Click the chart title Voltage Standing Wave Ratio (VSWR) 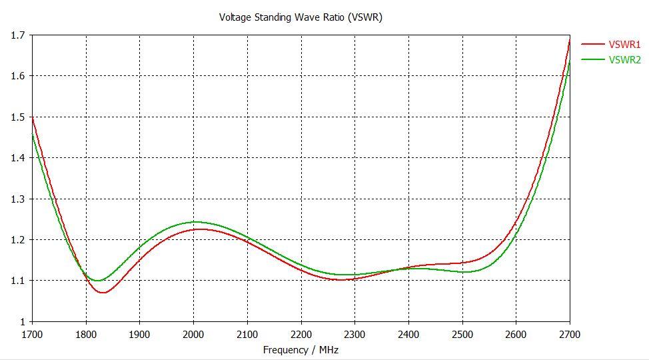pos(301,17)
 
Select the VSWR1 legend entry pos(624,45)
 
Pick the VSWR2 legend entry pos(624,60)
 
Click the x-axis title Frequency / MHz pos(301,349)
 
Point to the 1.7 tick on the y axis pos(17,35)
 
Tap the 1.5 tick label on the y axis pos(17,117)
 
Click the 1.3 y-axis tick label pos(17,199)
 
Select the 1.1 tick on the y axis pos(17,281)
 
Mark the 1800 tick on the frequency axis pos(86,333)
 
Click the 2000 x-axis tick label pos(193,333)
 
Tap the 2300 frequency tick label pos(354,333)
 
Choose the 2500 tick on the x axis pos(462,333)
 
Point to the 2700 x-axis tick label pos(570,333)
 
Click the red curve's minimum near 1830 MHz pos(103,293)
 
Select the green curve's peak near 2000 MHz pos(195,222)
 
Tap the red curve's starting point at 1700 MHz pos(33,118)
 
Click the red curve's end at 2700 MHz pos(570,40)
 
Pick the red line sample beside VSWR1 pos(592,45)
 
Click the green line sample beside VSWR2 pos(592,60)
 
